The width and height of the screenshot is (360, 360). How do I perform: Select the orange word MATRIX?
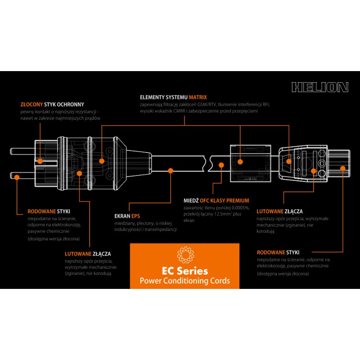tap(198, 97)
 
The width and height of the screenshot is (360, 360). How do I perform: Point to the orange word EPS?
tap(135, 216)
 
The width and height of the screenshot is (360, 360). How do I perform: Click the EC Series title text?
tap(184, 271)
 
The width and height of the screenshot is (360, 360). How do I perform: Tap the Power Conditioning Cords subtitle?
tap(184, 281)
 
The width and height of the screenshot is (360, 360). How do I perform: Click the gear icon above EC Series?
tap(184, 255)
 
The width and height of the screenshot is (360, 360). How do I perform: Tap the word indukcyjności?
tap(127, 229)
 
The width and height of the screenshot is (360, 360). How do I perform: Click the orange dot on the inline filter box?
tap(240, 161)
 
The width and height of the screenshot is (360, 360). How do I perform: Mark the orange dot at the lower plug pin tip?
tap(17, 177)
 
